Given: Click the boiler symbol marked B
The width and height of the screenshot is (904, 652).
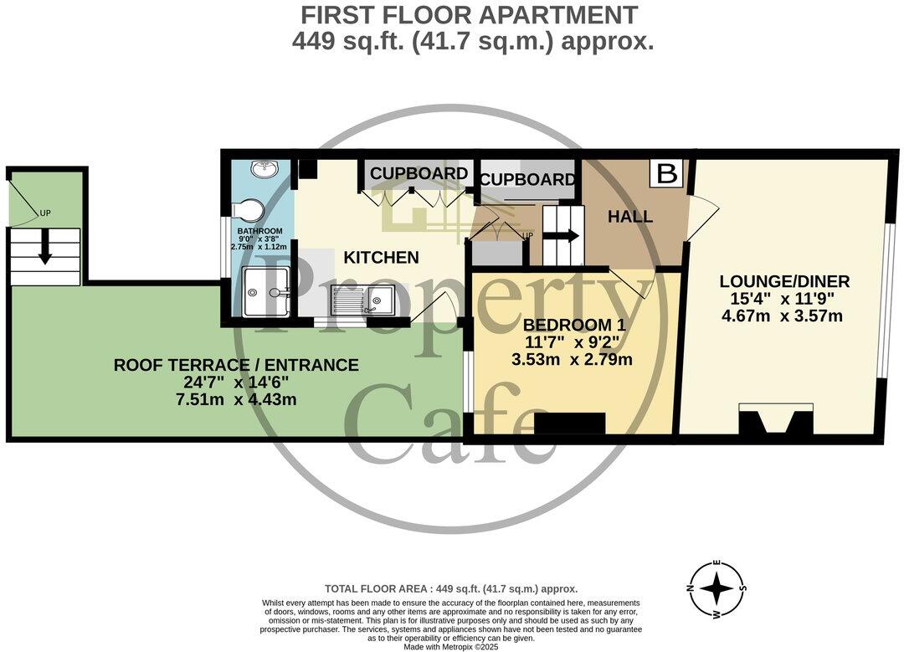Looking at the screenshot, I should [667, 174].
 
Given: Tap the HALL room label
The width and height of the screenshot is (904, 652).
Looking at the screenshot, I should [630, 217].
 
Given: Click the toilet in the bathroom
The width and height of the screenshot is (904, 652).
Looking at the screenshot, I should [250, 209].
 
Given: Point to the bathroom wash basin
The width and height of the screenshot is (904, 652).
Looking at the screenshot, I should [265, 171].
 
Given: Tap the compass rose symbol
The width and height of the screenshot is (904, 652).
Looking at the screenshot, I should [717, 589].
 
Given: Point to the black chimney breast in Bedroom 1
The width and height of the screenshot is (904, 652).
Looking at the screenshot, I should [569, 424].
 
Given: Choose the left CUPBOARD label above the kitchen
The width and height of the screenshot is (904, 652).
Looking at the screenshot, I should [419, 173].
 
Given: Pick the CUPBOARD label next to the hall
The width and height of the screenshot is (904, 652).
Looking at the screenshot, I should [527, 179].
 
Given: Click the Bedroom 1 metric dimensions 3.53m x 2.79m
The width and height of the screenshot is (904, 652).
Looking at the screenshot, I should [572, 360].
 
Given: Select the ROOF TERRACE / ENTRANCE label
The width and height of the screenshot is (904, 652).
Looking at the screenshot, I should [236, 365].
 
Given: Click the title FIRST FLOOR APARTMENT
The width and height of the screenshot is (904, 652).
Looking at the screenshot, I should [469, 15].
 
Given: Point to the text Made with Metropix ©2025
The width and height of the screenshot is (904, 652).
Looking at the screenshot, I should [451, 647].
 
